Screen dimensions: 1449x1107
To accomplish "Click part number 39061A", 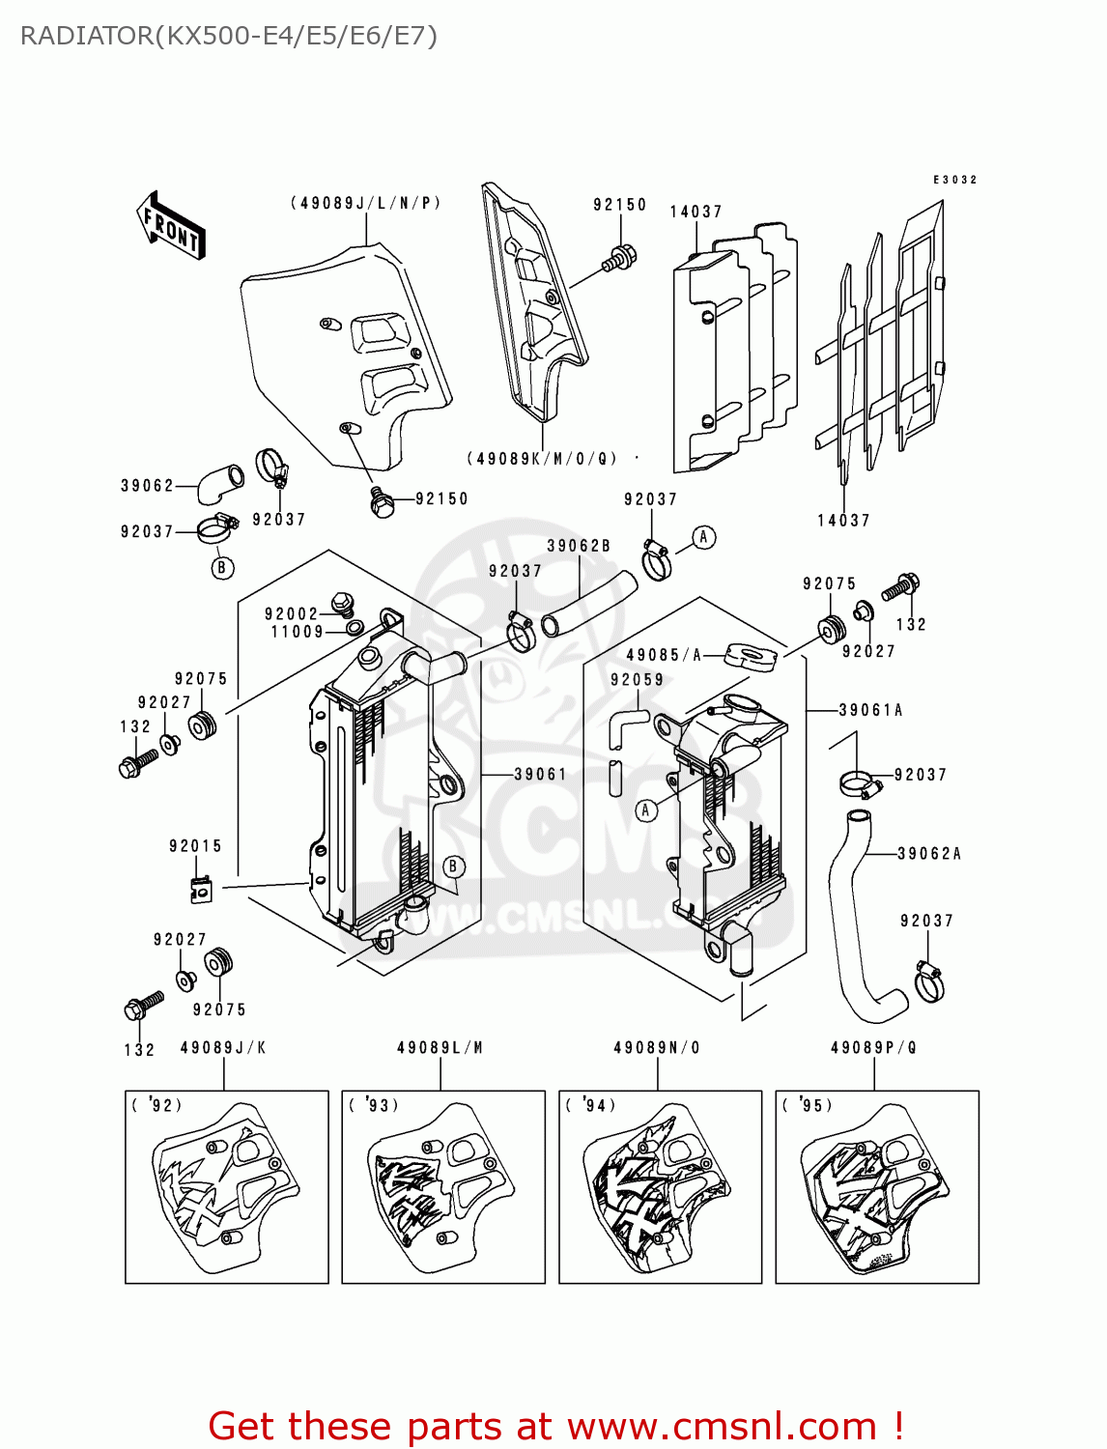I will pyautogui.click(x=870, y=710).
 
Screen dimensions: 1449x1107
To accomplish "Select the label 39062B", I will pyautogui.click(x=579, y=546).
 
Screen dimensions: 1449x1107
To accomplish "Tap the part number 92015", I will pyautogui.click(x=195, y=846).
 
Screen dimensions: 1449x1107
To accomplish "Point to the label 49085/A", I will pyautogui.click(x=664, y=655).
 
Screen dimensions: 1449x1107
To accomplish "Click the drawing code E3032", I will pyautogui.click(x=954, y=180).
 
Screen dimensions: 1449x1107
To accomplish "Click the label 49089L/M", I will pyautogui.click(x=440, y=1048).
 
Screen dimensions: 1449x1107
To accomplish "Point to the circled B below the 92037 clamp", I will pyautogui.click(x=222, y=568).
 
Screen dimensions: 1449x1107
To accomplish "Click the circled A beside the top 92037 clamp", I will pyautogui.click(x=704, y=537).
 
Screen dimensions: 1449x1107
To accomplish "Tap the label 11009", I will pyautogui.click(x=297, y=632).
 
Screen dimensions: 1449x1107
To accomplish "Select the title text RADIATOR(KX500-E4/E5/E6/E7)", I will pyautogui.click(x=229, y=36).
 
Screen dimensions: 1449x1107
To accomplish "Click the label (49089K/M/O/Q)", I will pyautogui.click(x=542, y=459).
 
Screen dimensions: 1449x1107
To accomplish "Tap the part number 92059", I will pyautogui.click(x=637, y=680).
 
